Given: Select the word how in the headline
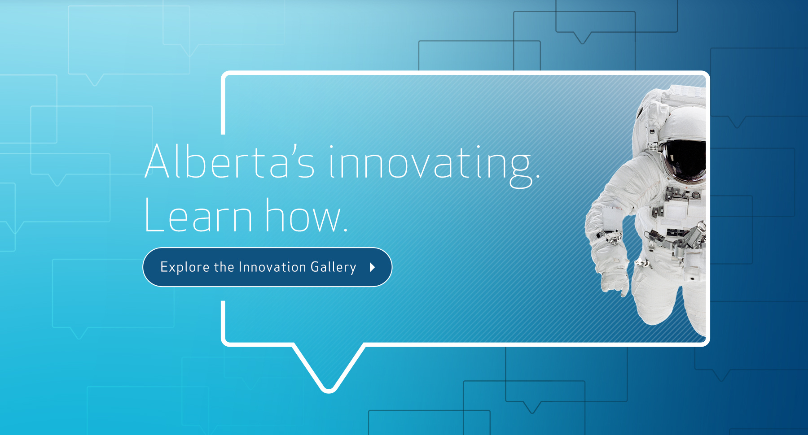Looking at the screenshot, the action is pyautogui.click(x=303, y=215).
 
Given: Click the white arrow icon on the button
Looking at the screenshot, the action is pyautogui.click(x=372, y=267).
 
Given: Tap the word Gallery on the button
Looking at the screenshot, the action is pyautogui.click(x=334, y=267).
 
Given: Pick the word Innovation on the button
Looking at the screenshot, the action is pyautogui.click(x=272, y=267).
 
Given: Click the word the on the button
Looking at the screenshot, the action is pyautogui.click(x=224, y=267).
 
